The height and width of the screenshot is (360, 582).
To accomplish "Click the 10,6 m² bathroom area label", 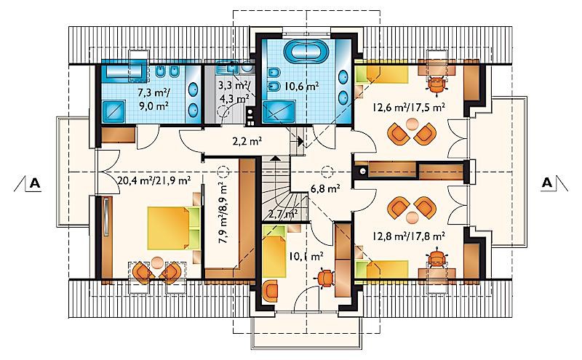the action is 302,87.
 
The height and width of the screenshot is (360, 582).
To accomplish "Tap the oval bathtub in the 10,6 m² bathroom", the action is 306,52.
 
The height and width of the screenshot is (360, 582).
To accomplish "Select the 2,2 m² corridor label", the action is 247,141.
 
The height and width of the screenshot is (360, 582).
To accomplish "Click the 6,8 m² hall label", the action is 325,188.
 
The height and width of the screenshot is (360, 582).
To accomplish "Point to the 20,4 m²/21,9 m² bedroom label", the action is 154,180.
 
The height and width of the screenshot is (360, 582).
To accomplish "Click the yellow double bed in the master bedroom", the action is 169,228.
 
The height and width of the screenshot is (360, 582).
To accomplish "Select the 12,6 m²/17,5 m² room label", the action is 409,108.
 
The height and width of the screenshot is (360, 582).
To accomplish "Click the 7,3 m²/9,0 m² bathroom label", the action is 154,98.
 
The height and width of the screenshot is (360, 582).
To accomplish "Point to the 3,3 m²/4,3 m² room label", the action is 234,92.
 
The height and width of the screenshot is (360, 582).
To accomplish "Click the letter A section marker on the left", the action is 35,183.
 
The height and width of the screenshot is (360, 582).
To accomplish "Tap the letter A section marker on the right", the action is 547,183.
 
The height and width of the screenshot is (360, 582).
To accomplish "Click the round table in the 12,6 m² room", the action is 412,124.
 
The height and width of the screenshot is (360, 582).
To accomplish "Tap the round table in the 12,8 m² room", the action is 412,217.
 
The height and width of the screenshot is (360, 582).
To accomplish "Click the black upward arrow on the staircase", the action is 275,158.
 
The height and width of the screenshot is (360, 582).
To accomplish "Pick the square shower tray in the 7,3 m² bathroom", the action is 115,112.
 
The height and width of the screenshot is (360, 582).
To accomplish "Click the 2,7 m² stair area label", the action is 283,214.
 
